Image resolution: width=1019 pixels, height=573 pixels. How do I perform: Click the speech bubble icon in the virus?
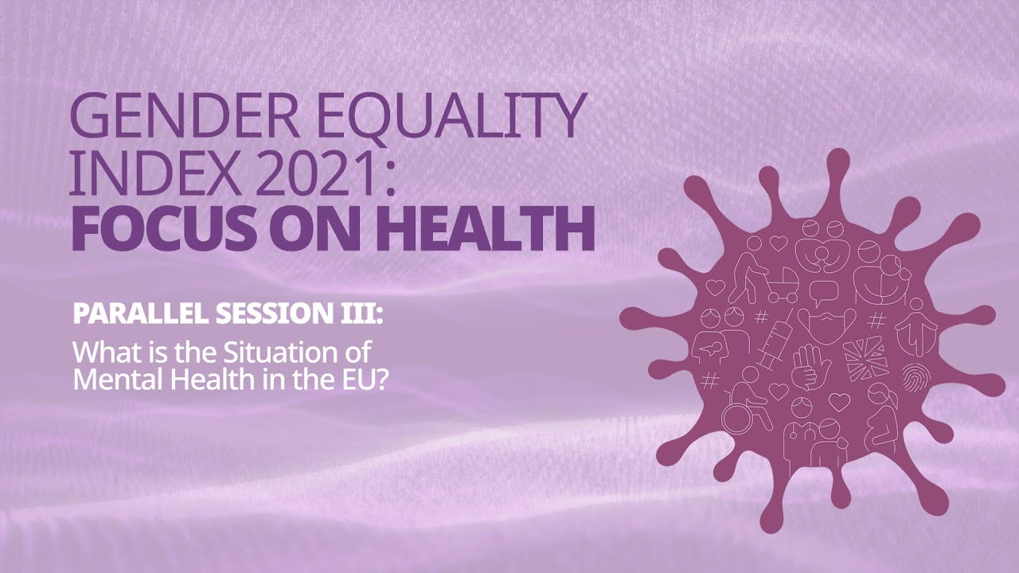[x=823, y=292]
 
